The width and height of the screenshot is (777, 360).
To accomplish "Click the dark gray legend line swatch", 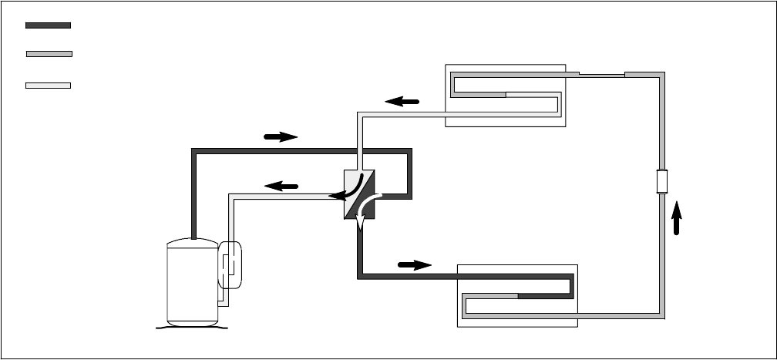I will pyautogui.click(x=48, y=25).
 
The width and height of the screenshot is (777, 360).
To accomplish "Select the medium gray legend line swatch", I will pyautogui.click(x=49, y=54).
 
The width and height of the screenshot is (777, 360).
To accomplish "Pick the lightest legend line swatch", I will pyautogui.click(x=48, y=85).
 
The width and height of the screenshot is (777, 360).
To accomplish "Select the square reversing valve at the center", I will pyautogui.click(x=359, y=193).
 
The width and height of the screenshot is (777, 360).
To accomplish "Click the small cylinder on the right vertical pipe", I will pyautogui.click(x=661, y=182).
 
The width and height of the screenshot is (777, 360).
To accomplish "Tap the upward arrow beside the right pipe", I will pyautogui.click(x=677, y=218).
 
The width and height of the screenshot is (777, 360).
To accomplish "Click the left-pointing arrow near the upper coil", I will pyautogui.click(x=402, y=101).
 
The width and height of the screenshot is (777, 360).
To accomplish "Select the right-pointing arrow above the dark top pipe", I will pyautogui.click(x=281, y=137).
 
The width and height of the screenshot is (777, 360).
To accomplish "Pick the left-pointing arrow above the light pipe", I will pyautogui.click(x=281, y=186).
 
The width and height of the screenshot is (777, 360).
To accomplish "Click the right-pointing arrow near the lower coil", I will pyautogui.click(x=415, y=265).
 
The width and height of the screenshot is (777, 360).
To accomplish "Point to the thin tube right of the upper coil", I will pyautogui.click(x=601, y=75).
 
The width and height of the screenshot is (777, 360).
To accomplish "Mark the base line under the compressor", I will pyautogui.click(x=192, y=327).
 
